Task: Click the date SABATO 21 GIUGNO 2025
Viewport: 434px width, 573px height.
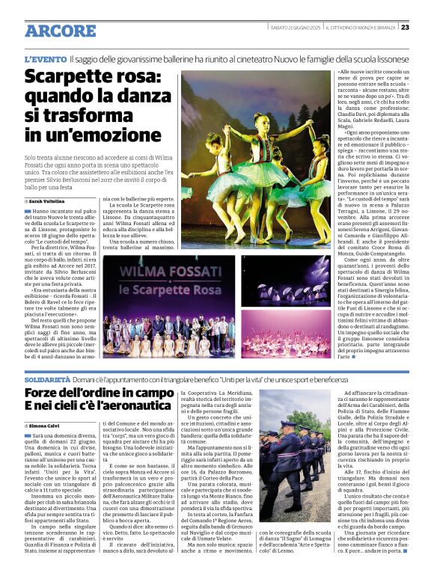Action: click(296, 27)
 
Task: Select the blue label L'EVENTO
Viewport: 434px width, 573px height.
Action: click(45, 58)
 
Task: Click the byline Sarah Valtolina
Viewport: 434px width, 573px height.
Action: click(46, 201)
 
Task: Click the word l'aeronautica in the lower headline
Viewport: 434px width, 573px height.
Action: click(129, 405)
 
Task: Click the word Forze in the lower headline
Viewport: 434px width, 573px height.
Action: click(43, 391)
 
